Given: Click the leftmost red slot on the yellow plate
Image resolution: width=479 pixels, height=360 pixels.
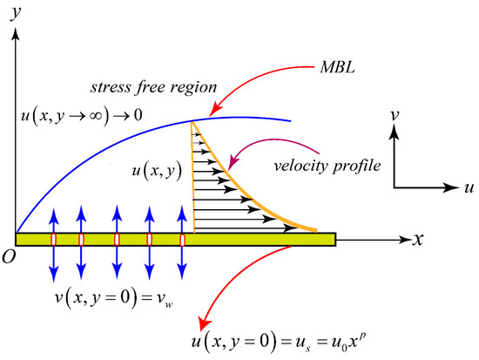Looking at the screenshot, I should [x=53, y=239].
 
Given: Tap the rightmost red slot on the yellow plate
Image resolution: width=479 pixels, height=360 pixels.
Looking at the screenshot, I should [x=183, y=239].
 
